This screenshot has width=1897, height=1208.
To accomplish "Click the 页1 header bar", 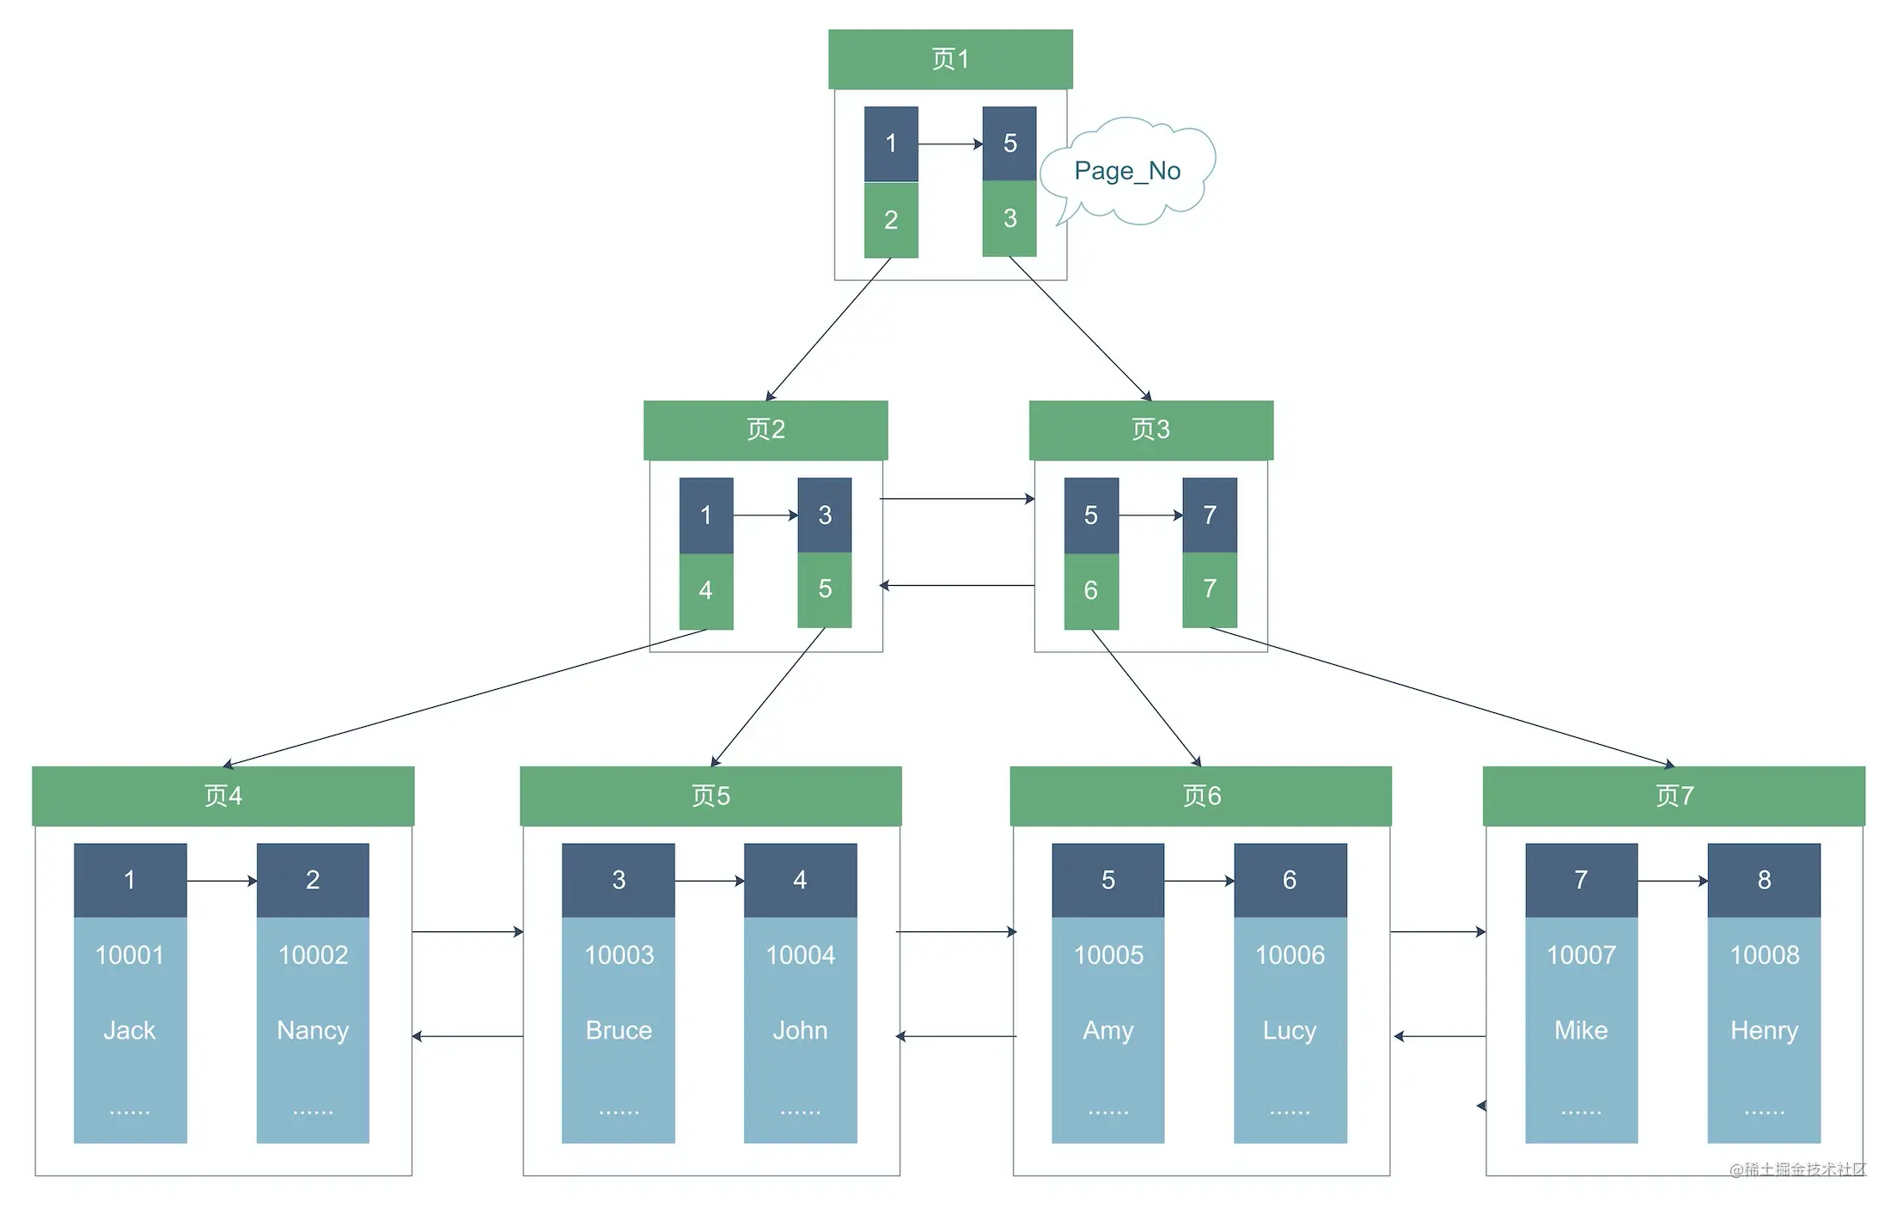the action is tap(950, 59).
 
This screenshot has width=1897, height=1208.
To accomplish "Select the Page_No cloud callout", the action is tap(1127, 171).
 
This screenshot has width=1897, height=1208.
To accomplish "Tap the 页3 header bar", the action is tap(1151, 430).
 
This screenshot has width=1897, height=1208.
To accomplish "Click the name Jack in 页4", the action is tap(130, 1030).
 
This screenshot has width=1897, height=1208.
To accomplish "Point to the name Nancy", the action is tap(313, 1031).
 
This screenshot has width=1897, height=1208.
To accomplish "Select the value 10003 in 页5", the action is tap(619, 955).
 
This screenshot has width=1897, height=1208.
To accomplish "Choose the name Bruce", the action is tap(619, 1030).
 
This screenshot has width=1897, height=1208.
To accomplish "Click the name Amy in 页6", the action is tap(1108, 1031).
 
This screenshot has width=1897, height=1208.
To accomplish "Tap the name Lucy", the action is tap(1290, 1031).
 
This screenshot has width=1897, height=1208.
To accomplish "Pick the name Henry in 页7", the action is tap(1764, 1031).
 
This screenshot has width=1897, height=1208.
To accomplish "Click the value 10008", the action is tap(1764, 955).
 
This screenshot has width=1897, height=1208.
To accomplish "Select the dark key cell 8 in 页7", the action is tap(1764, 880).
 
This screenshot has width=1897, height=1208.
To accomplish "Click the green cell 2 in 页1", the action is tap(891, 220).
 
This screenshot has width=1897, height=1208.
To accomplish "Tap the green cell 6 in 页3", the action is tap(1091, 591).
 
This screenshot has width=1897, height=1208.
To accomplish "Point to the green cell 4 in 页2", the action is tap(706, 591).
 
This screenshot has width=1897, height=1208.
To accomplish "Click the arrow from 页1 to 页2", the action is tap(828, 329).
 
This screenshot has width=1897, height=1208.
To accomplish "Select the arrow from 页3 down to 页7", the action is tap(1442, 697).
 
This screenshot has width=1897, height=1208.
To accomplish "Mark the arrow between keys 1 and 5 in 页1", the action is tap(950, 144).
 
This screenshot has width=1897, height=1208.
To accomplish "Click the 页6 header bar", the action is tap(1201, 796).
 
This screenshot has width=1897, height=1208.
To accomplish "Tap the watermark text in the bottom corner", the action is tap(1797, 1169).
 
